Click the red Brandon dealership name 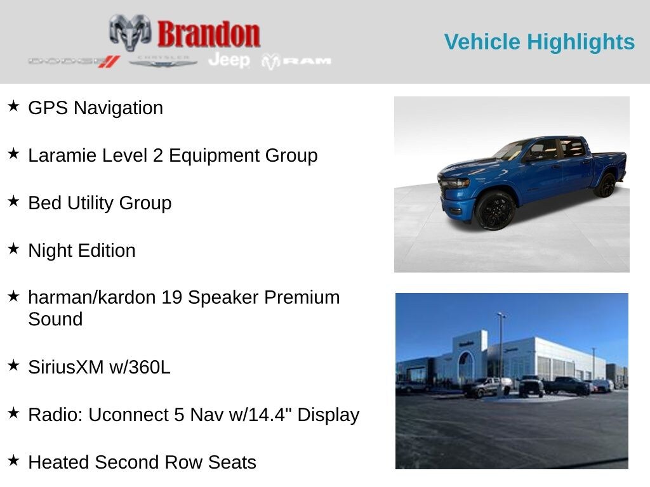[x=208, y=34]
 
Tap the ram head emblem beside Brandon [x=130, y=32]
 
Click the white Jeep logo [x=229, y=60]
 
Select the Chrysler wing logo [x=162, y=62]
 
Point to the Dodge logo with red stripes [x=74, y=62]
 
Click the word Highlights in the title [x=581, y=42]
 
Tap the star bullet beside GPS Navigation [x=13, y=106]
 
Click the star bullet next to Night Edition [x=13, y=249]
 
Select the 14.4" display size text [x=270, y=415]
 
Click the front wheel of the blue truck [x=495, y=210]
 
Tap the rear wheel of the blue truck [x=606, y=185]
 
